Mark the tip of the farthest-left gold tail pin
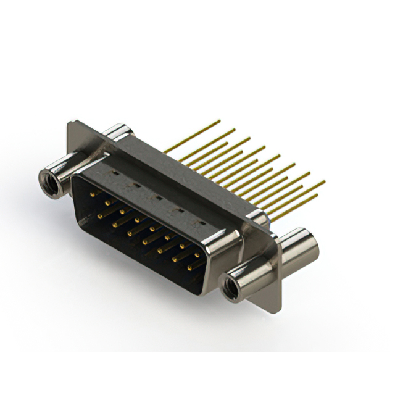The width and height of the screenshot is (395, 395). [219, 121]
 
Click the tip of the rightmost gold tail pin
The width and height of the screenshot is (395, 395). [324, 182]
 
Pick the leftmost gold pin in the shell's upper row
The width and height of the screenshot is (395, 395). [93, 194]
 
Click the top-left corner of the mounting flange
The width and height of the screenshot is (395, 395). [70, 123]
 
